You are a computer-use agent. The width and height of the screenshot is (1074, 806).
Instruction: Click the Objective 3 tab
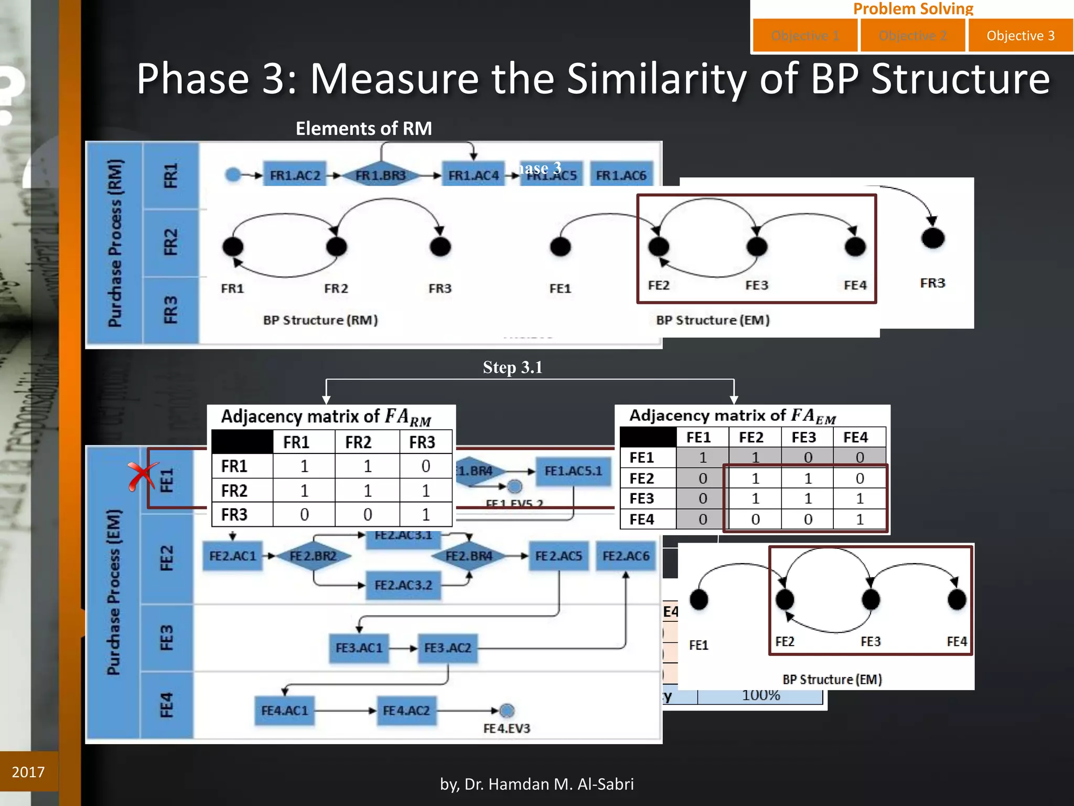1020,36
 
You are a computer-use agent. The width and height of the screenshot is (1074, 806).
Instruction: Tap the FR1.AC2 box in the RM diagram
295,175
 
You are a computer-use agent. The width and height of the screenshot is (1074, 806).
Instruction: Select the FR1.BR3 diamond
381,175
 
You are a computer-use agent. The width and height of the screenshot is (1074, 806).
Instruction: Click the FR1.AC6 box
621,175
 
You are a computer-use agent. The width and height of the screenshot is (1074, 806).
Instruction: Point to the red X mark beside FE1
142,476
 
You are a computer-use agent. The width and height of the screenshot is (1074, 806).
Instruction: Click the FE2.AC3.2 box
403,585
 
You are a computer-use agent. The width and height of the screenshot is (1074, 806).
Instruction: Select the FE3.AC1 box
359,648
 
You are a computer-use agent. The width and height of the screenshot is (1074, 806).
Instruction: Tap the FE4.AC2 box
406,711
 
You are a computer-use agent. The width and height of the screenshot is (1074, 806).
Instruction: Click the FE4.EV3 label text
507,729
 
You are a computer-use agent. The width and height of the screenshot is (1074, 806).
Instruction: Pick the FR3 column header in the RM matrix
422,442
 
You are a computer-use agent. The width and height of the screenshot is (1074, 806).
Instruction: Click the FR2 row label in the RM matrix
234,491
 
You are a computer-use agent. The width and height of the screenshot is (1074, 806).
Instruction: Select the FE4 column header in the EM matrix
855,437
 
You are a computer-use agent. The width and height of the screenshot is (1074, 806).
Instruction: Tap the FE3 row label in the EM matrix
641,499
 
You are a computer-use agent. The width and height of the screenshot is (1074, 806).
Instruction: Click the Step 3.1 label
512,367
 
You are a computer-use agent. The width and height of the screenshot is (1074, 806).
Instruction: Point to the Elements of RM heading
363,129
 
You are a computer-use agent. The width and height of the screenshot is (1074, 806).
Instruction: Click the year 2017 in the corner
28,772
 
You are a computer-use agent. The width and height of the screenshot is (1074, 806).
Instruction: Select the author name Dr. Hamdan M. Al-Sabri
537,784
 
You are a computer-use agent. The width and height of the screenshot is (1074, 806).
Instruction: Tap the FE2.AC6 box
626,556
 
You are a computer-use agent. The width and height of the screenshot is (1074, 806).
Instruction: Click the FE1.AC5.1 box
573,471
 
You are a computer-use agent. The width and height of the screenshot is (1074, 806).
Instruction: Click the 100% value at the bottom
761,696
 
